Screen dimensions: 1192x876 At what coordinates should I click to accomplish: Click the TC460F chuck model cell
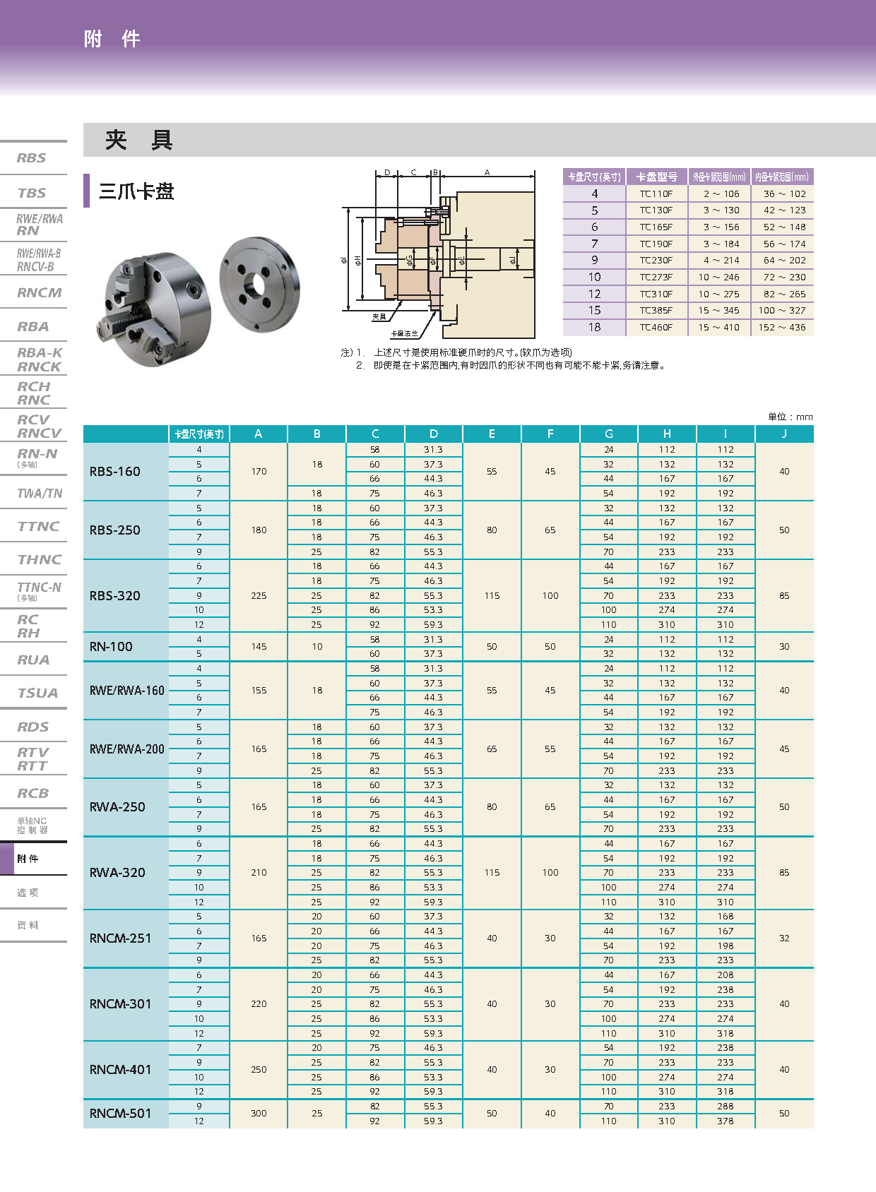pos(656,327)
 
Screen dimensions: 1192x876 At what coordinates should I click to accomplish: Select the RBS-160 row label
pos(115,472)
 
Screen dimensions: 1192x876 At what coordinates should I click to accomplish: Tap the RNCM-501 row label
pos(121,1114)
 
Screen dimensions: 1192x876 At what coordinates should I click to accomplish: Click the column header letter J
pos(784,434)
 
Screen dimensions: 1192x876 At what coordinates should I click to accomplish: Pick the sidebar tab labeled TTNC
pos(38,526)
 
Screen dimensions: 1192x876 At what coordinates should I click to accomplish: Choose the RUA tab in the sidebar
pos(34,660)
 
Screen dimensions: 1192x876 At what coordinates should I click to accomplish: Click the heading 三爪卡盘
pos(136,191)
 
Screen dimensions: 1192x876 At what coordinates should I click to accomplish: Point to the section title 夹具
pos(139,140)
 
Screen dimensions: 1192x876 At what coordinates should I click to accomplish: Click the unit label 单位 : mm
pos(790,417)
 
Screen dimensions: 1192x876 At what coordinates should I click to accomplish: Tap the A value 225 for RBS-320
pos(259,596)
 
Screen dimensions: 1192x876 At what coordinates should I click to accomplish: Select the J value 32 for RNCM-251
pos(784,938)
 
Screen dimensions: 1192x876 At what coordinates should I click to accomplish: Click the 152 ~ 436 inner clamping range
pos(782,327)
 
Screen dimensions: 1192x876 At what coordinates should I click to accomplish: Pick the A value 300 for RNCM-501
pos(259,1114)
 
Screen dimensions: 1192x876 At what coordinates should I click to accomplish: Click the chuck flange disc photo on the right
pos(259,283)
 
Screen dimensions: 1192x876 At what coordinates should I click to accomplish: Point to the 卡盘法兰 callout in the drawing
pos(404,333)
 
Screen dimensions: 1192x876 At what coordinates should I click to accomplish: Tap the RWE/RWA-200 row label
pos(127,749)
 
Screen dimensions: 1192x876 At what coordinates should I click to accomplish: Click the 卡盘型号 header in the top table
pos(656,177)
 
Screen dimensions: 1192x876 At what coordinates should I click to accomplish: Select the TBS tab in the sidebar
pos(32,193)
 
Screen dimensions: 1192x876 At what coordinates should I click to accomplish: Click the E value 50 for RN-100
pos(492,647)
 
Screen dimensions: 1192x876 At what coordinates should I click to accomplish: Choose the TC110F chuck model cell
pos(656,193)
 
